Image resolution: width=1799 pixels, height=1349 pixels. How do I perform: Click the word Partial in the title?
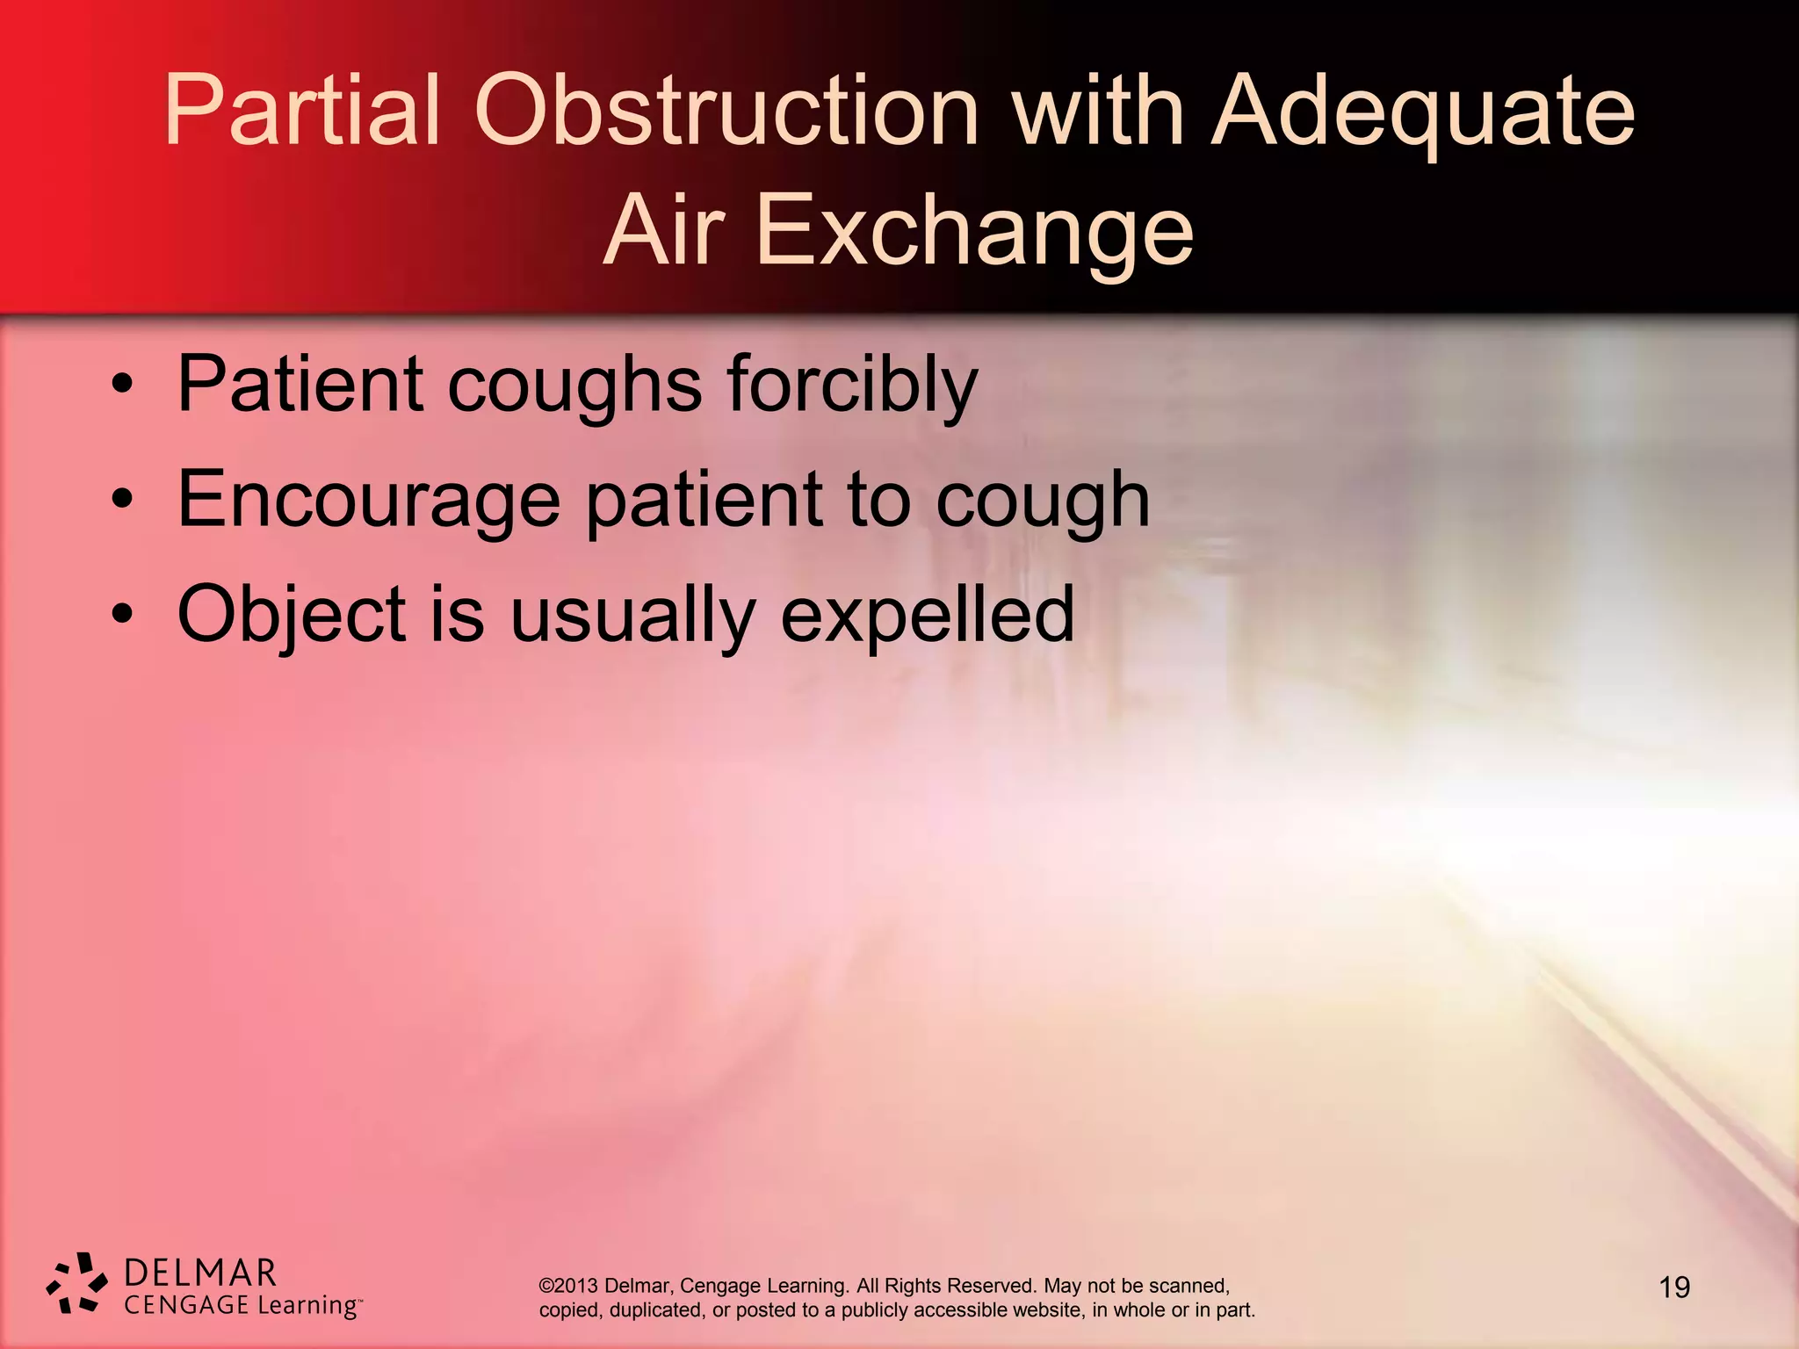(x=301, y=112)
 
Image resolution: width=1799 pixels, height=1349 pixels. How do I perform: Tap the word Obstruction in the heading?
(x=726, y=112)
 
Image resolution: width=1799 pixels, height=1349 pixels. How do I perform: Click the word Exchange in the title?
(x=974, y=231)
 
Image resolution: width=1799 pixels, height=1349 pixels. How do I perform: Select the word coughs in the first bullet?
(x=575, y=386)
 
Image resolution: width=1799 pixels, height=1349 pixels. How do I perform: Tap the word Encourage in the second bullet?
(x=369, y=501)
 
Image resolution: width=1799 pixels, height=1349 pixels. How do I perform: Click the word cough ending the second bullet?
(x=1042, y=501)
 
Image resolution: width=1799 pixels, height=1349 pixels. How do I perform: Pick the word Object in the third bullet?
(x=292, y=616)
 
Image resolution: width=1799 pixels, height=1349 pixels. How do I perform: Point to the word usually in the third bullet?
(x=632, y=616)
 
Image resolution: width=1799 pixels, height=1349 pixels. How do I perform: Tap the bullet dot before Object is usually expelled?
(x=123, y=614)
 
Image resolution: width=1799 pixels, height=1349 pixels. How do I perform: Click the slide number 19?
(x=1674, y=1288)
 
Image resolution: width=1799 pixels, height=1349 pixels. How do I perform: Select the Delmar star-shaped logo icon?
(x=77, y=1283)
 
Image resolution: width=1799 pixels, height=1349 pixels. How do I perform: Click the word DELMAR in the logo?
(x=201, y=1273)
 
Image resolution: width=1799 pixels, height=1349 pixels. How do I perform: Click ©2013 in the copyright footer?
(x=568, y=1286)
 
